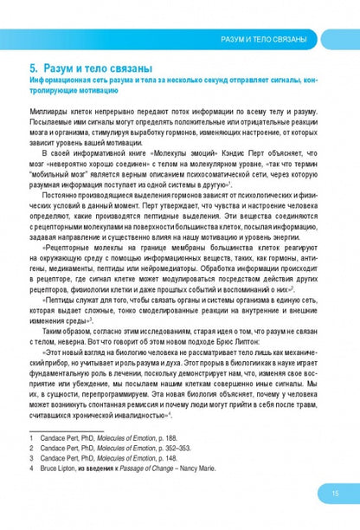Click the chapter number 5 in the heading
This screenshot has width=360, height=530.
click(x=33, y=68)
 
